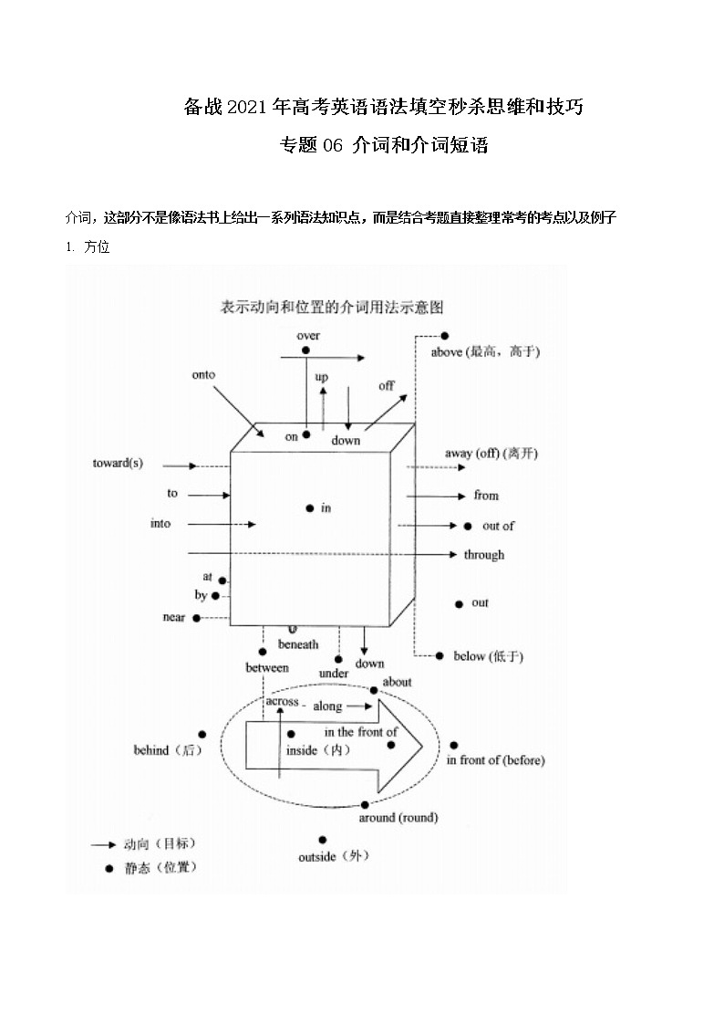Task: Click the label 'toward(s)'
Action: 118,463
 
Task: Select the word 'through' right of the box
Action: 483,555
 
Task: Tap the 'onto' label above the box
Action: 203,374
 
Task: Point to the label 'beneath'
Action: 298,644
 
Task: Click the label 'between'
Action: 266,668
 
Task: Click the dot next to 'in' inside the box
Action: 310,507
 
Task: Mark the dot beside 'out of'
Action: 467,526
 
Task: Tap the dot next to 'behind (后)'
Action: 202,734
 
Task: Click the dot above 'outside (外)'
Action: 323,840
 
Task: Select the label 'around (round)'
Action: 398,818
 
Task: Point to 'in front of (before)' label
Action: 495,760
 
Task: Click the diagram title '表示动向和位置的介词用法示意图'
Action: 332,307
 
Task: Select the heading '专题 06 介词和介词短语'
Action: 383,145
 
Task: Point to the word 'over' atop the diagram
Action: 308,336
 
